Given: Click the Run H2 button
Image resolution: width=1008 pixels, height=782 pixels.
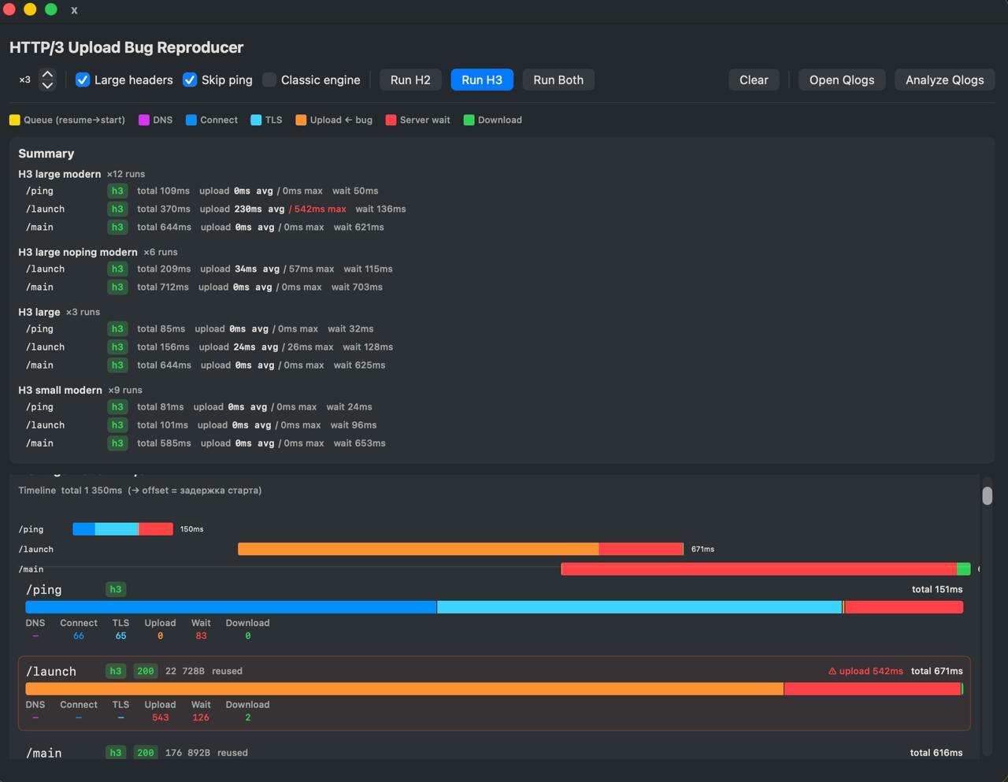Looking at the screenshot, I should (410, 80).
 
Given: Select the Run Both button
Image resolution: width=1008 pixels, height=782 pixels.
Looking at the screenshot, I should (558, 80).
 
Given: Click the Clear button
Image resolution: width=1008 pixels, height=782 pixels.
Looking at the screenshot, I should (754, 80).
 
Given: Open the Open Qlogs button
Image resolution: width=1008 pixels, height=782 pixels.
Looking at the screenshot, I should (842, 80).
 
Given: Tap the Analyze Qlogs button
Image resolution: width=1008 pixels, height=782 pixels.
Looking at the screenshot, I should (944, 80).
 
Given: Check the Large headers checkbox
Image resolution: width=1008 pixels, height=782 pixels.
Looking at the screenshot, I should (83, 80).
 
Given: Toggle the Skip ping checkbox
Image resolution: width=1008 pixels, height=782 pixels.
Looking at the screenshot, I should (190, 80).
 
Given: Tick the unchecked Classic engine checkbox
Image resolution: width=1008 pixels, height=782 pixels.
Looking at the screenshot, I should (269, 80).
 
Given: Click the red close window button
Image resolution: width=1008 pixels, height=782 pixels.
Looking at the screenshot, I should (9, 9).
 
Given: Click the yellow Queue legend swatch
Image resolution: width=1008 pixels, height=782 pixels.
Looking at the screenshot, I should (14, 120).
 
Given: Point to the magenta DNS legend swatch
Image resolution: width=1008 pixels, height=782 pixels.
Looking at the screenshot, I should (144, 120).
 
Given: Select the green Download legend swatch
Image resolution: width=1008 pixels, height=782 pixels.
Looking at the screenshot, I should (469, 120).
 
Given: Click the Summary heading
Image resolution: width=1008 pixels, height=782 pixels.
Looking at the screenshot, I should (46, 154).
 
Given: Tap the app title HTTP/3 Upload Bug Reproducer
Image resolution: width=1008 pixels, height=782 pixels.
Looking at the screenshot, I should (126, 47).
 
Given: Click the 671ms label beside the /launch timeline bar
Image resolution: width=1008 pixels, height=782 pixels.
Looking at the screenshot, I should (702, 549).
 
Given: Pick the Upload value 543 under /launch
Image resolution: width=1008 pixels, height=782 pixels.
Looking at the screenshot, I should (160, 717).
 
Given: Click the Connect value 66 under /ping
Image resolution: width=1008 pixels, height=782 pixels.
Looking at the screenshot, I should (79, 636).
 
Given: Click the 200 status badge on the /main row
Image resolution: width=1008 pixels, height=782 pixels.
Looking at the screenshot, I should (146, 753).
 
